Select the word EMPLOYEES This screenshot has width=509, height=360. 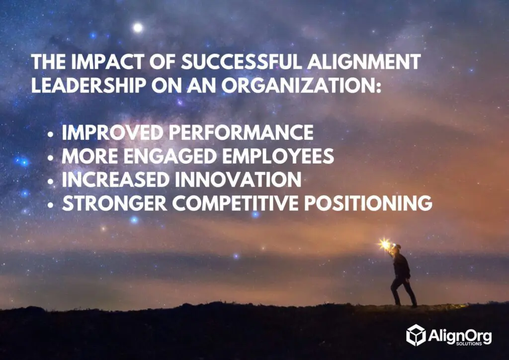[278, 157]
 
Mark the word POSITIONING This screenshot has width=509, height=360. [375, 204]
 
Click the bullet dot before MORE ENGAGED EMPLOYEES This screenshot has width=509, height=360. [52, 158]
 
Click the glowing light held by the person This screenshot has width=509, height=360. [384, 244]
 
